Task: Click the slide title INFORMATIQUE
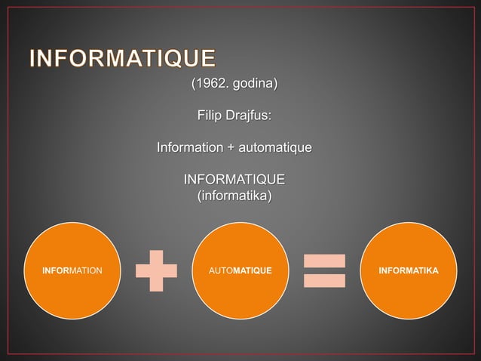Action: tap(123, 59)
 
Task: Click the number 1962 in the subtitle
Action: tap(210, 83)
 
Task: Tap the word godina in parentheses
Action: tap(253, 83)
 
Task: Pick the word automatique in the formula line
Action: tap(274, 147)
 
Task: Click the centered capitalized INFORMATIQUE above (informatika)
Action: tap(234, 180)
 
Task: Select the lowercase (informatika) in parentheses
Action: tap(234, 196)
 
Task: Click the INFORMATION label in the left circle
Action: tap(72, 270)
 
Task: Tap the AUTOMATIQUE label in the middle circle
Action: tap(241, 270)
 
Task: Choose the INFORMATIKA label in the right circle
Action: tap(409, 270)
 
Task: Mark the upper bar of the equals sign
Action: tap(324, 261)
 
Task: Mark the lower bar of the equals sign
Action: tap(324, 280)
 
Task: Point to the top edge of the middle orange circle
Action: tap(241, 223)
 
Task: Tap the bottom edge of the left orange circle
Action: tap(72, 317)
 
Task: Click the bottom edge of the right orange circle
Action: tap(409, 317)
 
